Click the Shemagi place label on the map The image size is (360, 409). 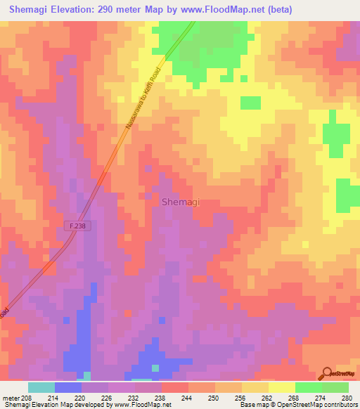181,202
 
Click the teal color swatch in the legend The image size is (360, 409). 41,387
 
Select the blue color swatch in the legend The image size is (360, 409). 68,387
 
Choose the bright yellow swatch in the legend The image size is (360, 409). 282,387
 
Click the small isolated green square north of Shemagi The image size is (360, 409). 250,103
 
